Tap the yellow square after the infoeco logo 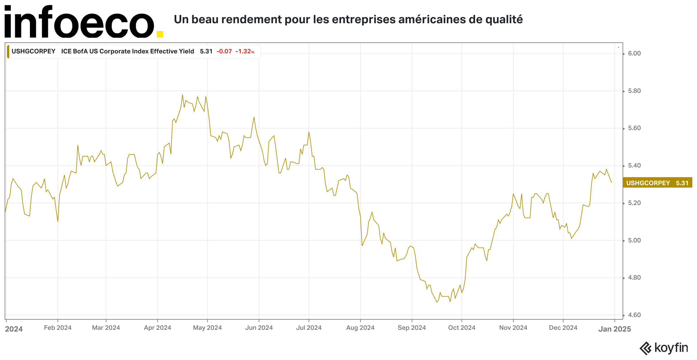[160, 34]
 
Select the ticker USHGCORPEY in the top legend [33, 51]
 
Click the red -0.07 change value [224, 51]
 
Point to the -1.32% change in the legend [245, 51]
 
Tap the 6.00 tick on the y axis [634, 53]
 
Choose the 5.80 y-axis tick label [634, 91]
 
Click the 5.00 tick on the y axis [634, 240]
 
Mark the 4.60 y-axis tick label [634, 315]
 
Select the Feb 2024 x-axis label [58, 328]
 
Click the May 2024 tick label [207, 328]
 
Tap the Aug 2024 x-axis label [360, 328]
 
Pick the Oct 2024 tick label [462, 328]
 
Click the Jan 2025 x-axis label [615, 329]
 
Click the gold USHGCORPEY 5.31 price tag [658, 183]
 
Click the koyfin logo [664, 348]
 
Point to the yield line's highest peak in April [182, 95]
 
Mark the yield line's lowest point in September [437, 302]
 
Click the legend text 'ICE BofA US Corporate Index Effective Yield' [127, 51]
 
